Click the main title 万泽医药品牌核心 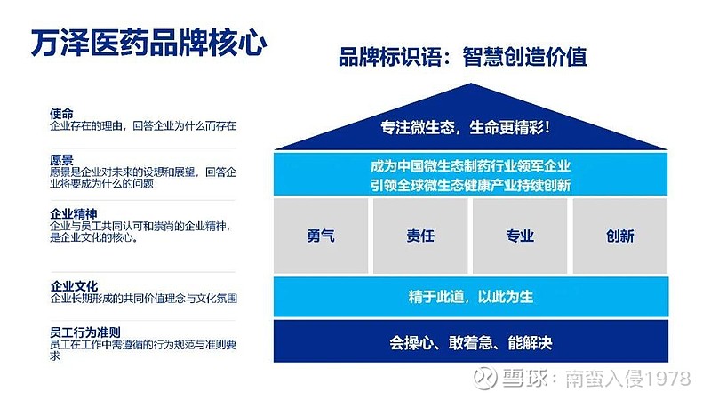[x=148, y=43]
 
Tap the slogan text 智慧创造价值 [x=524, y=57]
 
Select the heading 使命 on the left [x=61, y=114]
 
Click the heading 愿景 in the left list [x=61, y=160]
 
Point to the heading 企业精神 [x=74, y=213]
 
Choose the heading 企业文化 [x=74, y=286]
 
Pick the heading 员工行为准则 [x=85, y=332]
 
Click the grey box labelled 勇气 [x=321, y=236]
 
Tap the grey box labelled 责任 [x=420, y=236]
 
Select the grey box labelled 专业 [x=520, y=236]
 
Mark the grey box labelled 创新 [x=620, y=236]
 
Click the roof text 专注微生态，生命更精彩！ [x=465, y=127]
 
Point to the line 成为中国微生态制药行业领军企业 [x=470, y=166]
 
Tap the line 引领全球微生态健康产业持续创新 [x=470, y=185]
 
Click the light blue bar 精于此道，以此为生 [x=471, y=297]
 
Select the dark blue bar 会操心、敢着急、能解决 [x=471, y=341]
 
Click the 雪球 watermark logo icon [x=484, y=378]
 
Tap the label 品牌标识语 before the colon [x=390, y=57]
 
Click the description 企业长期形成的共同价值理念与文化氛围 [x=144, y=299]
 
